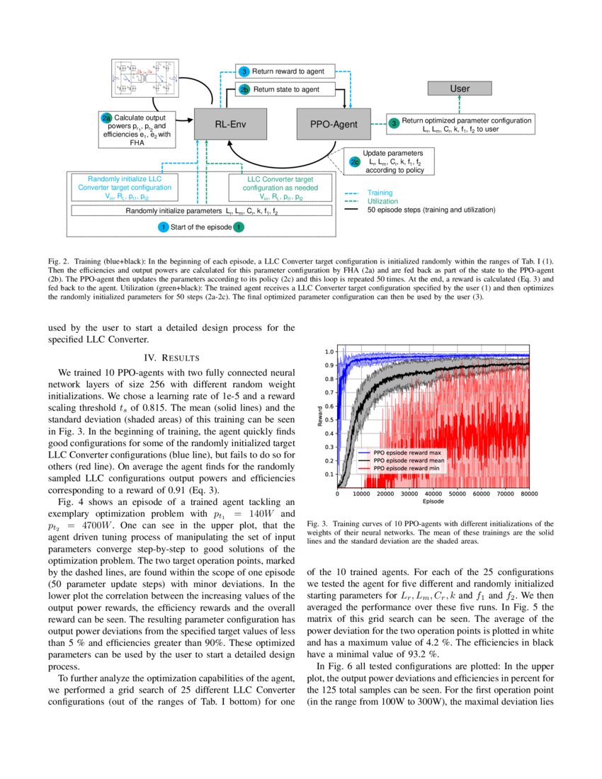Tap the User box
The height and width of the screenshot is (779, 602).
460,89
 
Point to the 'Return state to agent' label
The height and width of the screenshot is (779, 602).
285,90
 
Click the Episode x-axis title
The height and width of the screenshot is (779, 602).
433,501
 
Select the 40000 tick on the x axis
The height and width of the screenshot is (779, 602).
433,493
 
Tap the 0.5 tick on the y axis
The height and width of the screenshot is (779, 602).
329,419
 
